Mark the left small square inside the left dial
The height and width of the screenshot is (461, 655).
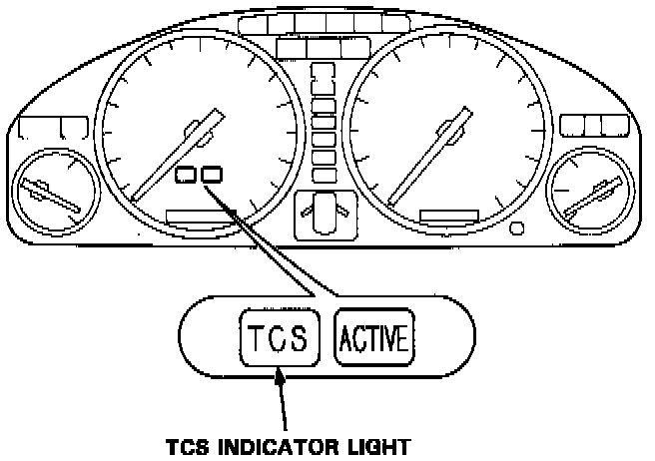(x=186, y=176)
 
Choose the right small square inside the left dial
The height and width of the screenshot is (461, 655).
(x=211, y=176)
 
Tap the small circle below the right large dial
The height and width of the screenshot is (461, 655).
(x=516, y=229)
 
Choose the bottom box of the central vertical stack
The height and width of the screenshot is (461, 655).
(x=324, y=173)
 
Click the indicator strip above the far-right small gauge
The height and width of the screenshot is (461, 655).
(x=587, y=125)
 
